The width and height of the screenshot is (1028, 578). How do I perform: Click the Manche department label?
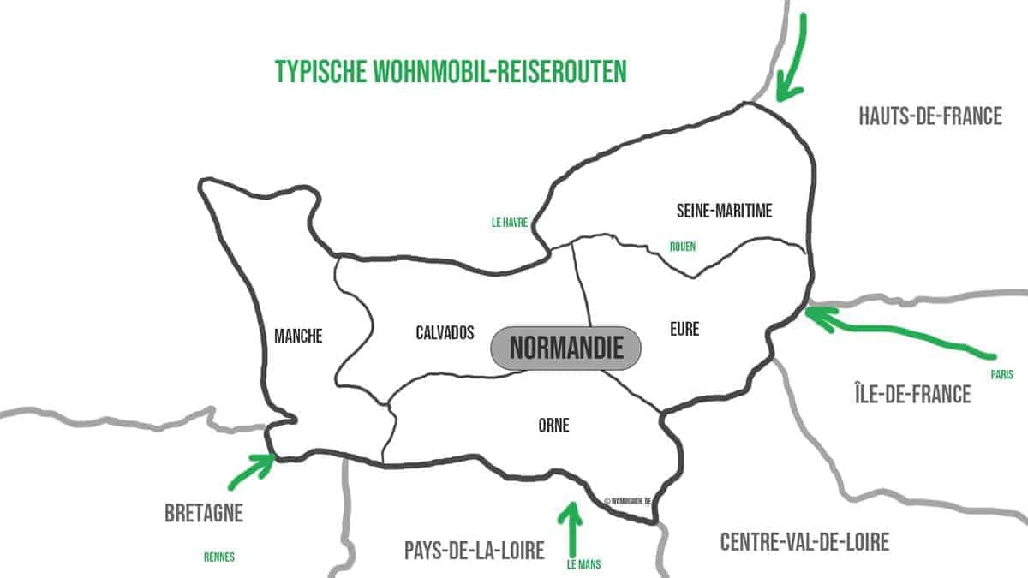298,337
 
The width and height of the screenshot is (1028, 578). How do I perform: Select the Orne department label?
555,425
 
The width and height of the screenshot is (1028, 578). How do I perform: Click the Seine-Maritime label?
724,212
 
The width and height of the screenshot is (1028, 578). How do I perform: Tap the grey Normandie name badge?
565,349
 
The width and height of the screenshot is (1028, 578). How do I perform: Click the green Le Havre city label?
509,222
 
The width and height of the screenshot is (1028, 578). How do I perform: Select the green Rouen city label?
683,247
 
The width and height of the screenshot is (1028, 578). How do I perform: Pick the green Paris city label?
1001,374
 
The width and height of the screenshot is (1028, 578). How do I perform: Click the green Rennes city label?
219,557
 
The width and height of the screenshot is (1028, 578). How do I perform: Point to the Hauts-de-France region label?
929,116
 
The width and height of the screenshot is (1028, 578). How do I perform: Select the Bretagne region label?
204,514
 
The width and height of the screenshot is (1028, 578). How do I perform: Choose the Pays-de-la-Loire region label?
474,550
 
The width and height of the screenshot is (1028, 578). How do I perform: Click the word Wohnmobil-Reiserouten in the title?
500,71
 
